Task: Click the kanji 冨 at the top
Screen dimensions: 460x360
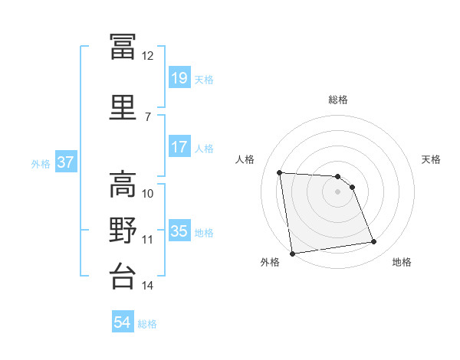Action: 123,46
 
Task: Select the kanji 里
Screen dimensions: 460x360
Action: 123,107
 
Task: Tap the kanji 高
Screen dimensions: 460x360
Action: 123,184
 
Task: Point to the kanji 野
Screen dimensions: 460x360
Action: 123,230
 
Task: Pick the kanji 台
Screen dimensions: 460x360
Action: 123,276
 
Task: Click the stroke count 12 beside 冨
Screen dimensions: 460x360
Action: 147,56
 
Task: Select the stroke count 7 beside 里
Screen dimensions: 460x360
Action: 148,117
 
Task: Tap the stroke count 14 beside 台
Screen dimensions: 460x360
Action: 147,285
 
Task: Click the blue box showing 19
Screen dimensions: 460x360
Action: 179,77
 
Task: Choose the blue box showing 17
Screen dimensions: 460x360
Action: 179,146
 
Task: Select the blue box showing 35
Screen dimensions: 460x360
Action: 179,230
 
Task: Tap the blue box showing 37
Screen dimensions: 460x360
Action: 66,162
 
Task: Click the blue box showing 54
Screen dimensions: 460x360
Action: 123,321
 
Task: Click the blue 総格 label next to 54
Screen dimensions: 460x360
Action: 147,324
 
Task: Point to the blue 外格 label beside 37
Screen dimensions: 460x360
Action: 41,164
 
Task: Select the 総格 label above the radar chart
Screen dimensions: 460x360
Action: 338,100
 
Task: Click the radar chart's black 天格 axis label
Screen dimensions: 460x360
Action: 431,159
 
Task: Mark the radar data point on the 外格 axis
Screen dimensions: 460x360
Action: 292,254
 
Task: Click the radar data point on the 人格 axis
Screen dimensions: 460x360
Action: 280,172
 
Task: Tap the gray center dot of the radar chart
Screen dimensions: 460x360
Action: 337,191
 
